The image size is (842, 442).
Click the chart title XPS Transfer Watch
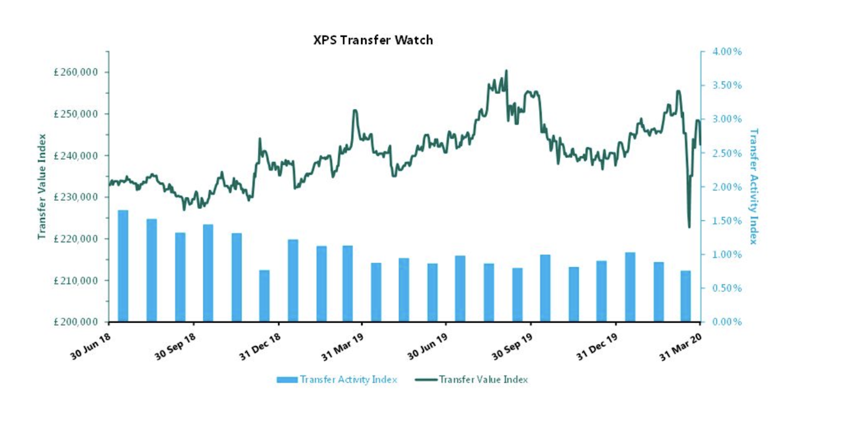373,40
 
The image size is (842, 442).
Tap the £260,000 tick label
76,73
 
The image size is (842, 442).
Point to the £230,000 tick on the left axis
76,197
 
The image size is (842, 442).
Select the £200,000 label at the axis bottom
76,322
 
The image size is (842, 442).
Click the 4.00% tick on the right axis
727,52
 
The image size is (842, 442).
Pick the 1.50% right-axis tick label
727,221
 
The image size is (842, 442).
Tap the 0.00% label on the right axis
727,322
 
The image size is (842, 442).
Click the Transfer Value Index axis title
42,187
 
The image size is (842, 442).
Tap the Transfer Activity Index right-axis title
754,187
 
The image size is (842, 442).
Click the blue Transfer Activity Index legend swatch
287,379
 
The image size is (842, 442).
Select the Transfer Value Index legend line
426,379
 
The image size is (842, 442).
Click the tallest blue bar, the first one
123,266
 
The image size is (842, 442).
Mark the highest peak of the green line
506,70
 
